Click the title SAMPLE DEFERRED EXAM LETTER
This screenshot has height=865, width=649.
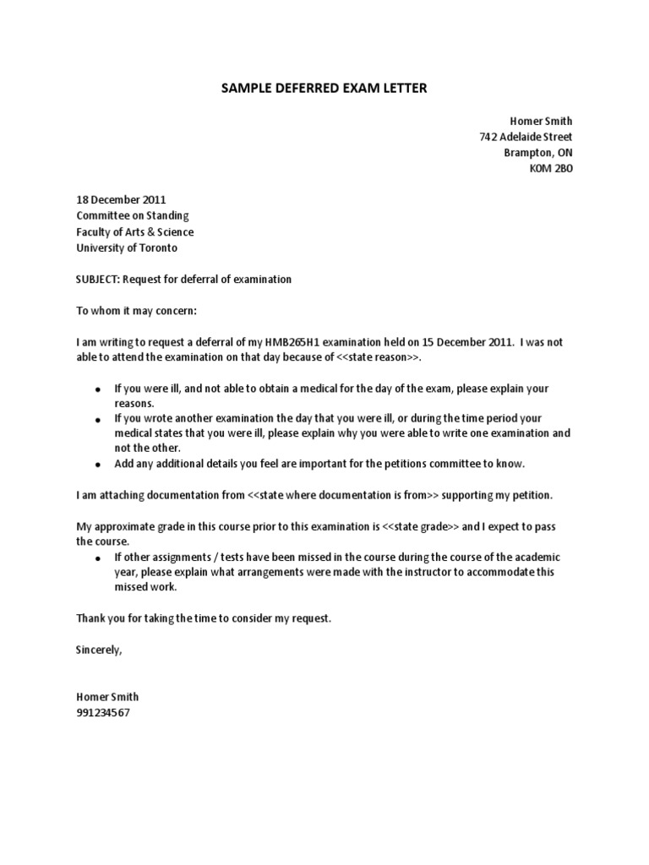pos(324,89)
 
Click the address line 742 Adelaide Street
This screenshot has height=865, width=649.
pos(525,137)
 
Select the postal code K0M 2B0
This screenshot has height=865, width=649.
pos(550,169)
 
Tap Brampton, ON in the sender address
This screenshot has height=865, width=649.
pos(538,153)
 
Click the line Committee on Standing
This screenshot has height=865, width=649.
pos(133,216)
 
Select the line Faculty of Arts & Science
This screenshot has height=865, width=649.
pos(134,232)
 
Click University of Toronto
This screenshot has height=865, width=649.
pos(127,248)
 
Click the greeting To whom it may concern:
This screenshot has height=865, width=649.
pos(136,311)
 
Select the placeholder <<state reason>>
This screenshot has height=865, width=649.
pos(376,358)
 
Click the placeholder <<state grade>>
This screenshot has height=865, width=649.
pos(422,526)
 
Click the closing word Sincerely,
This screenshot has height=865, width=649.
pos(99,650)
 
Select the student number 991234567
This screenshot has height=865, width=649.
pos(103,713)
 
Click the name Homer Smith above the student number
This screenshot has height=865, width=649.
pos(107,697)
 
